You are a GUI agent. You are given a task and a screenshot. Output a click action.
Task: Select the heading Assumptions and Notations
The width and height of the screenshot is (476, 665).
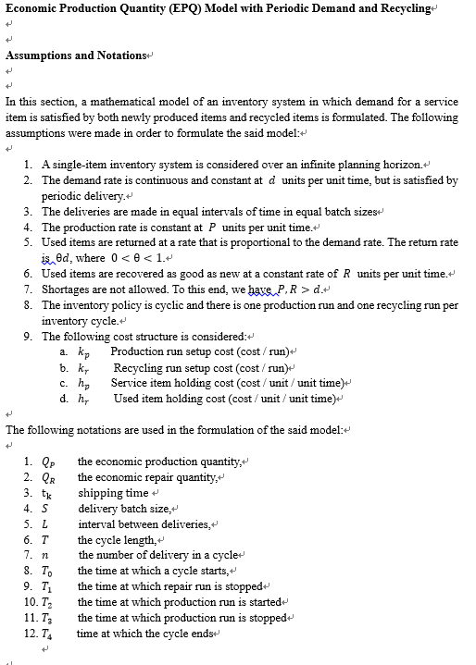pos(77,55)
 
